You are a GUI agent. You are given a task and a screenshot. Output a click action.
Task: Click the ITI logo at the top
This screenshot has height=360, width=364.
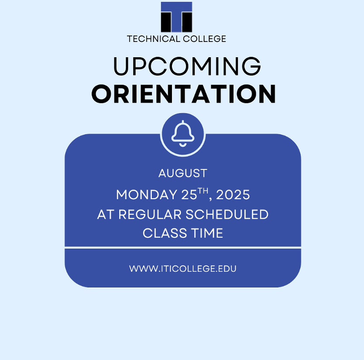(176, 17)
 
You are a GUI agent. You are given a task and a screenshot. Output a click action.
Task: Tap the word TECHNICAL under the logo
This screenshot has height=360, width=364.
(154, 39)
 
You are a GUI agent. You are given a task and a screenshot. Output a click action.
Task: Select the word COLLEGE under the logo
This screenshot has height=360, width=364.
(205, 39)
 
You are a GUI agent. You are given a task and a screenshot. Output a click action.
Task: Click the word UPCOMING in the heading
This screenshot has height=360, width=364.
(187, 66)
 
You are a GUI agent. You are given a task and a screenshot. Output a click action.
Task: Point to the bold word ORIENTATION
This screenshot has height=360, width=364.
(184, 94)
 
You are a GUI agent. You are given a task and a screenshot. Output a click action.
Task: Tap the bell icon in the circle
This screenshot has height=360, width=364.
(183, 134)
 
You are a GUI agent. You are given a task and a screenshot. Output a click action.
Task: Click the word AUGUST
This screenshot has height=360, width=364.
(183, 173)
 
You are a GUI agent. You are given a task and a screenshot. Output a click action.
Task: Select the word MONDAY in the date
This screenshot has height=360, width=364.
(147, 195)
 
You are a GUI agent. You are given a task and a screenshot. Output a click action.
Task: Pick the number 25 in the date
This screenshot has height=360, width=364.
(189, 195)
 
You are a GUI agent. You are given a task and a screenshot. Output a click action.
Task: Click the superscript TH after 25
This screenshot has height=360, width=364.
(203, 191)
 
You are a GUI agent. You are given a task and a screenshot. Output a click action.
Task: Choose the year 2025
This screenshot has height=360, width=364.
(233, 195)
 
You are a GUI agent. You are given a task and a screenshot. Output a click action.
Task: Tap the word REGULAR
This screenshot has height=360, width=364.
(150, 214)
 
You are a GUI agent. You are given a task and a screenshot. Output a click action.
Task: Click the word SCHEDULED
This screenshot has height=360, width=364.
(227, 214)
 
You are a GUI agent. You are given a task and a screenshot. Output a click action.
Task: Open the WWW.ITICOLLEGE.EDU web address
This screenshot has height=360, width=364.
(183, 269)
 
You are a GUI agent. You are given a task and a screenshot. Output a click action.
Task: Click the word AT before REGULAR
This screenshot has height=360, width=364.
(106, 214)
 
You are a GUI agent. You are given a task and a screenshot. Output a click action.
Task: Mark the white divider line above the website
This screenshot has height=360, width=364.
(183, 248)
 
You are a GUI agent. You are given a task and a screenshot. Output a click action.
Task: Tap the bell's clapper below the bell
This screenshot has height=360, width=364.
(183, 145)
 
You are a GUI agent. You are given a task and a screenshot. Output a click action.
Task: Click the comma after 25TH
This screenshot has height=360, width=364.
(210, 199)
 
